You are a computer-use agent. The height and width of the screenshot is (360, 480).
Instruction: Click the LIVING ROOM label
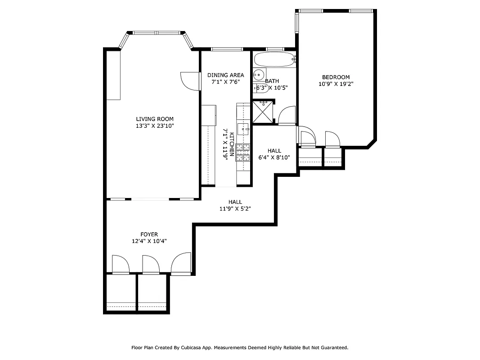(155, 119)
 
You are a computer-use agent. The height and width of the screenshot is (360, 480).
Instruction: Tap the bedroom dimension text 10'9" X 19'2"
(336, 84)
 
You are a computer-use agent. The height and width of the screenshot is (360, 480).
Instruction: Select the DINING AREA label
(225, 75)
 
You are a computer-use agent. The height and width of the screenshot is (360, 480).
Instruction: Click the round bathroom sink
(259, 75)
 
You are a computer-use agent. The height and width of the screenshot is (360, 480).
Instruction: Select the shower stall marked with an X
(263, 112)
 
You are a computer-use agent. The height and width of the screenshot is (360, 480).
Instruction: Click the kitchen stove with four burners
(243, 153)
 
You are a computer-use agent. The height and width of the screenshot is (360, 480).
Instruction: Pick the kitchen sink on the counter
(243, 128)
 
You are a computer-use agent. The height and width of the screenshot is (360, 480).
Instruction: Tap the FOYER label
(149, 234)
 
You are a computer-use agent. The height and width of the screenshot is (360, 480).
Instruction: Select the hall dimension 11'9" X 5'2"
(235, 209)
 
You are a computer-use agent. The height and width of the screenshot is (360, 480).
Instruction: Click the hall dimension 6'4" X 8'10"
(274, 157)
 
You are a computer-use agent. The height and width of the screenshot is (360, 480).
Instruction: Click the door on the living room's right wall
(190, 81)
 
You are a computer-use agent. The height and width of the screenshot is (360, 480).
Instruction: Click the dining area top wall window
(227, 49)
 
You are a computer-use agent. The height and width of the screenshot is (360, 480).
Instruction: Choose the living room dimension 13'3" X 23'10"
(155, 126)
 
